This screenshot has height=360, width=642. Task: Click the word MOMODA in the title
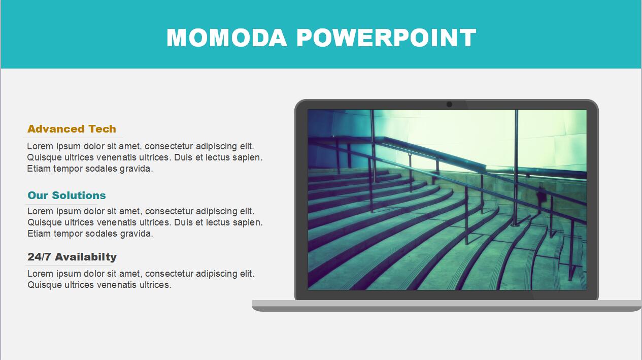click(227, 38)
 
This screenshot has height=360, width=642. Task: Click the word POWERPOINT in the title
click(386, 38)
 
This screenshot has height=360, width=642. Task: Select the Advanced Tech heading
click(72, 129)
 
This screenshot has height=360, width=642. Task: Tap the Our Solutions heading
click(67, 195)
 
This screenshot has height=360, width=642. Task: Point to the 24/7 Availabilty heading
click(72, 257)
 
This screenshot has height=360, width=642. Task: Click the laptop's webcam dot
click(450, 105)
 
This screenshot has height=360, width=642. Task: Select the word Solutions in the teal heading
click(79, 195)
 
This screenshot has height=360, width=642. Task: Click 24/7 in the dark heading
click(39, 257)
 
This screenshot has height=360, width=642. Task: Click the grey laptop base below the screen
click(447, 306)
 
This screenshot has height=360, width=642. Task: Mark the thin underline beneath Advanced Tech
click(73, 138)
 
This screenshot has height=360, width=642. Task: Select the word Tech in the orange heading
click(102, 129)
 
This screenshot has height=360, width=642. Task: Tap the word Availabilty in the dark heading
click(86, 257)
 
